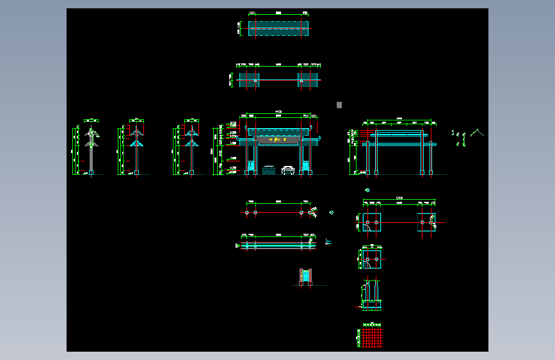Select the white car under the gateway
pos(289,170)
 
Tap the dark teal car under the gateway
pos(268,170)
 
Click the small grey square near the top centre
pos(339,105)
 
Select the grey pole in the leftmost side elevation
pos(92,157)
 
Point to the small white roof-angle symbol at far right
pos(476,133)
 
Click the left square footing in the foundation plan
pos(372,222)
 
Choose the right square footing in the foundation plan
pos(426,222)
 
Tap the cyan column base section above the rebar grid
pos(372,295)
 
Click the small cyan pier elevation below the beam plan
pos(306,276)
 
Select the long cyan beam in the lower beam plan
pos(278,245)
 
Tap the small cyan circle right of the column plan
pos(332,213)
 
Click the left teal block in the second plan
pos(250,79)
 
